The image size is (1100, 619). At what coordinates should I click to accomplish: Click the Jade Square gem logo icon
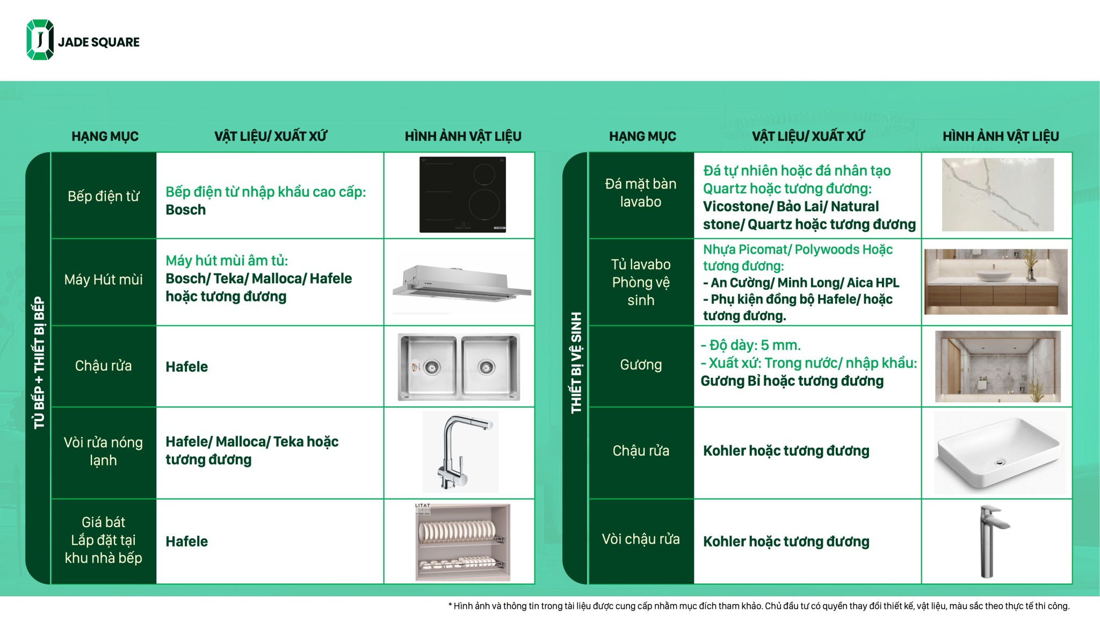40,40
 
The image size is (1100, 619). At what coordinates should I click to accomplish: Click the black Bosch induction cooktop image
462,195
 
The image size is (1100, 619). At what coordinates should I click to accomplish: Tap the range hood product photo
461,283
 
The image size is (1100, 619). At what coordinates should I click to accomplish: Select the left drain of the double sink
431,368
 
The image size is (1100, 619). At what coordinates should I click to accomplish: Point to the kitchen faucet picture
460,452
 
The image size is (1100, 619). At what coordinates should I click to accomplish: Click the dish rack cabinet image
462,542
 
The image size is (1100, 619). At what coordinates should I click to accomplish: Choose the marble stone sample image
997,195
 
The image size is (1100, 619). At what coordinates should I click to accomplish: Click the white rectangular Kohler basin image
999,452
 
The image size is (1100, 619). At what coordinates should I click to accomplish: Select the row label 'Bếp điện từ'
103,196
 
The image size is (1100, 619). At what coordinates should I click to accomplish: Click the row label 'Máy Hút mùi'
103,279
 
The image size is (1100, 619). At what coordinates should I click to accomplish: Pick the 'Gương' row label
641,365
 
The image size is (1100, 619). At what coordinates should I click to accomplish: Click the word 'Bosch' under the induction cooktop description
185,210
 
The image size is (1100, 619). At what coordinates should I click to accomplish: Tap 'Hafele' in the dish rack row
186,542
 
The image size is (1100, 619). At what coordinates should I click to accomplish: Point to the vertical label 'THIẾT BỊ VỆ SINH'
576,363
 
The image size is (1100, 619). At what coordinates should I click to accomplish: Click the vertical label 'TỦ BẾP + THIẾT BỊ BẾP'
39,363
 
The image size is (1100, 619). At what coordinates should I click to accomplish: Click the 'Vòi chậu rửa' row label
641,539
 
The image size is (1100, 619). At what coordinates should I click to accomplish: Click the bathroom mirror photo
997,366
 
